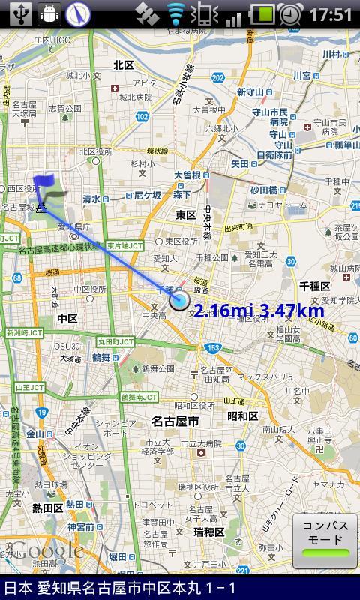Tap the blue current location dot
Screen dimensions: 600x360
tap(179, 301)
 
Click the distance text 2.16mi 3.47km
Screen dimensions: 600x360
tap(259, 311)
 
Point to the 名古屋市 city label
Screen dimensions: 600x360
tap(175, 421)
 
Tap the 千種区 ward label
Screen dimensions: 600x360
tap(314, 286)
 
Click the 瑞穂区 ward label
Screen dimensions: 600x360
tap(208, 532)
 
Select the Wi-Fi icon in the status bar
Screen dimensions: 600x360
tap(175, 14)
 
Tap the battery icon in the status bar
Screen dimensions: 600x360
tap(262, 14)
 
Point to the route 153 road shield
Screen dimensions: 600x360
tap(214, 347)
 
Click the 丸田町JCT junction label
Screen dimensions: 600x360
tap(115, 341)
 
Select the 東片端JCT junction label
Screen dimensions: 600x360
tap(124, 246)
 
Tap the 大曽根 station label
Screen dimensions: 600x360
tap(187, 175)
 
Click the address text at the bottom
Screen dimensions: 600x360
tap(120, 588)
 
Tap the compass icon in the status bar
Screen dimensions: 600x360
tap(77, 14)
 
